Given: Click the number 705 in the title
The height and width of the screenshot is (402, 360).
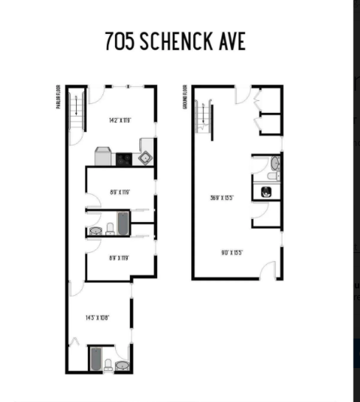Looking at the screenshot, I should [120, 41].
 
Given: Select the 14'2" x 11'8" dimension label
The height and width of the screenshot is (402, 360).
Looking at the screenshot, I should [120, 120].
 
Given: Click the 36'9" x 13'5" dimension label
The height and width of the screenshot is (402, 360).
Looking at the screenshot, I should [221, 197].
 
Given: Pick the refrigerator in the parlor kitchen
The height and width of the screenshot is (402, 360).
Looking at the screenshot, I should [103, 157].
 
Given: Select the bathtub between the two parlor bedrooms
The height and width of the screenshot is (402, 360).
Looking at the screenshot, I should [122, 223].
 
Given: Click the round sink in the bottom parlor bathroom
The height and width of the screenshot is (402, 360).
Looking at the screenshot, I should [122, 365].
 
